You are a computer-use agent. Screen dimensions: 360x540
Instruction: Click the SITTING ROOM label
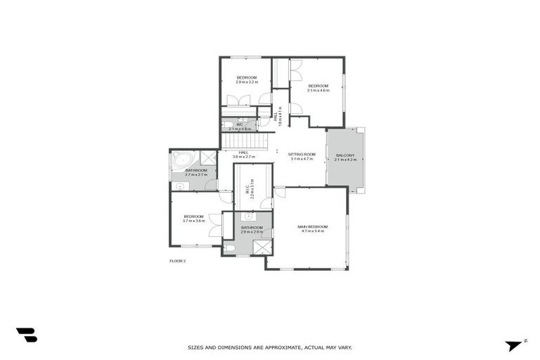pos(302,154)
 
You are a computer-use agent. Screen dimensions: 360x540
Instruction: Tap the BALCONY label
pos(345,155)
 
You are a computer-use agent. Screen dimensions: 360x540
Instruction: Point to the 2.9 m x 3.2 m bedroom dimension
pos(247,82)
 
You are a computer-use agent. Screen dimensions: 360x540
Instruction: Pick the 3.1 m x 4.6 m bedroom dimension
pos(318,90)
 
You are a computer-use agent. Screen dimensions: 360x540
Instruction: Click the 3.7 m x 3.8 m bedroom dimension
pos(193,221)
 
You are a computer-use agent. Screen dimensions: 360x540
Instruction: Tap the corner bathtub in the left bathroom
pos(182,158)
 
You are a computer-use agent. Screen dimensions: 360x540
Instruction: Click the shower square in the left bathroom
pos(208,157)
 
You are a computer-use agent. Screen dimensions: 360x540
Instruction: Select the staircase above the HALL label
pos(246,141)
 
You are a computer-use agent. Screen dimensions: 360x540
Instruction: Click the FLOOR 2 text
pos(177,261)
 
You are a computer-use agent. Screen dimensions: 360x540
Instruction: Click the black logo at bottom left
pos(26,335)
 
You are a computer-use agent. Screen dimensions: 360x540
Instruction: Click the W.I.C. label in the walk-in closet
pos(247,188)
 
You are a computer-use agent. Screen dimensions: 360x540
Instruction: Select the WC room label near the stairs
pos(240,124)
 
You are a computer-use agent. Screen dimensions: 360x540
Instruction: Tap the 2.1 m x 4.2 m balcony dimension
pos(345,160)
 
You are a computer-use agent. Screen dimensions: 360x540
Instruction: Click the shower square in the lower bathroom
pos(261,247)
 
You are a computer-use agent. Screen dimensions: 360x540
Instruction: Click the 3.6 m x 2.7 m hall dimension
pos(243,157)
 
